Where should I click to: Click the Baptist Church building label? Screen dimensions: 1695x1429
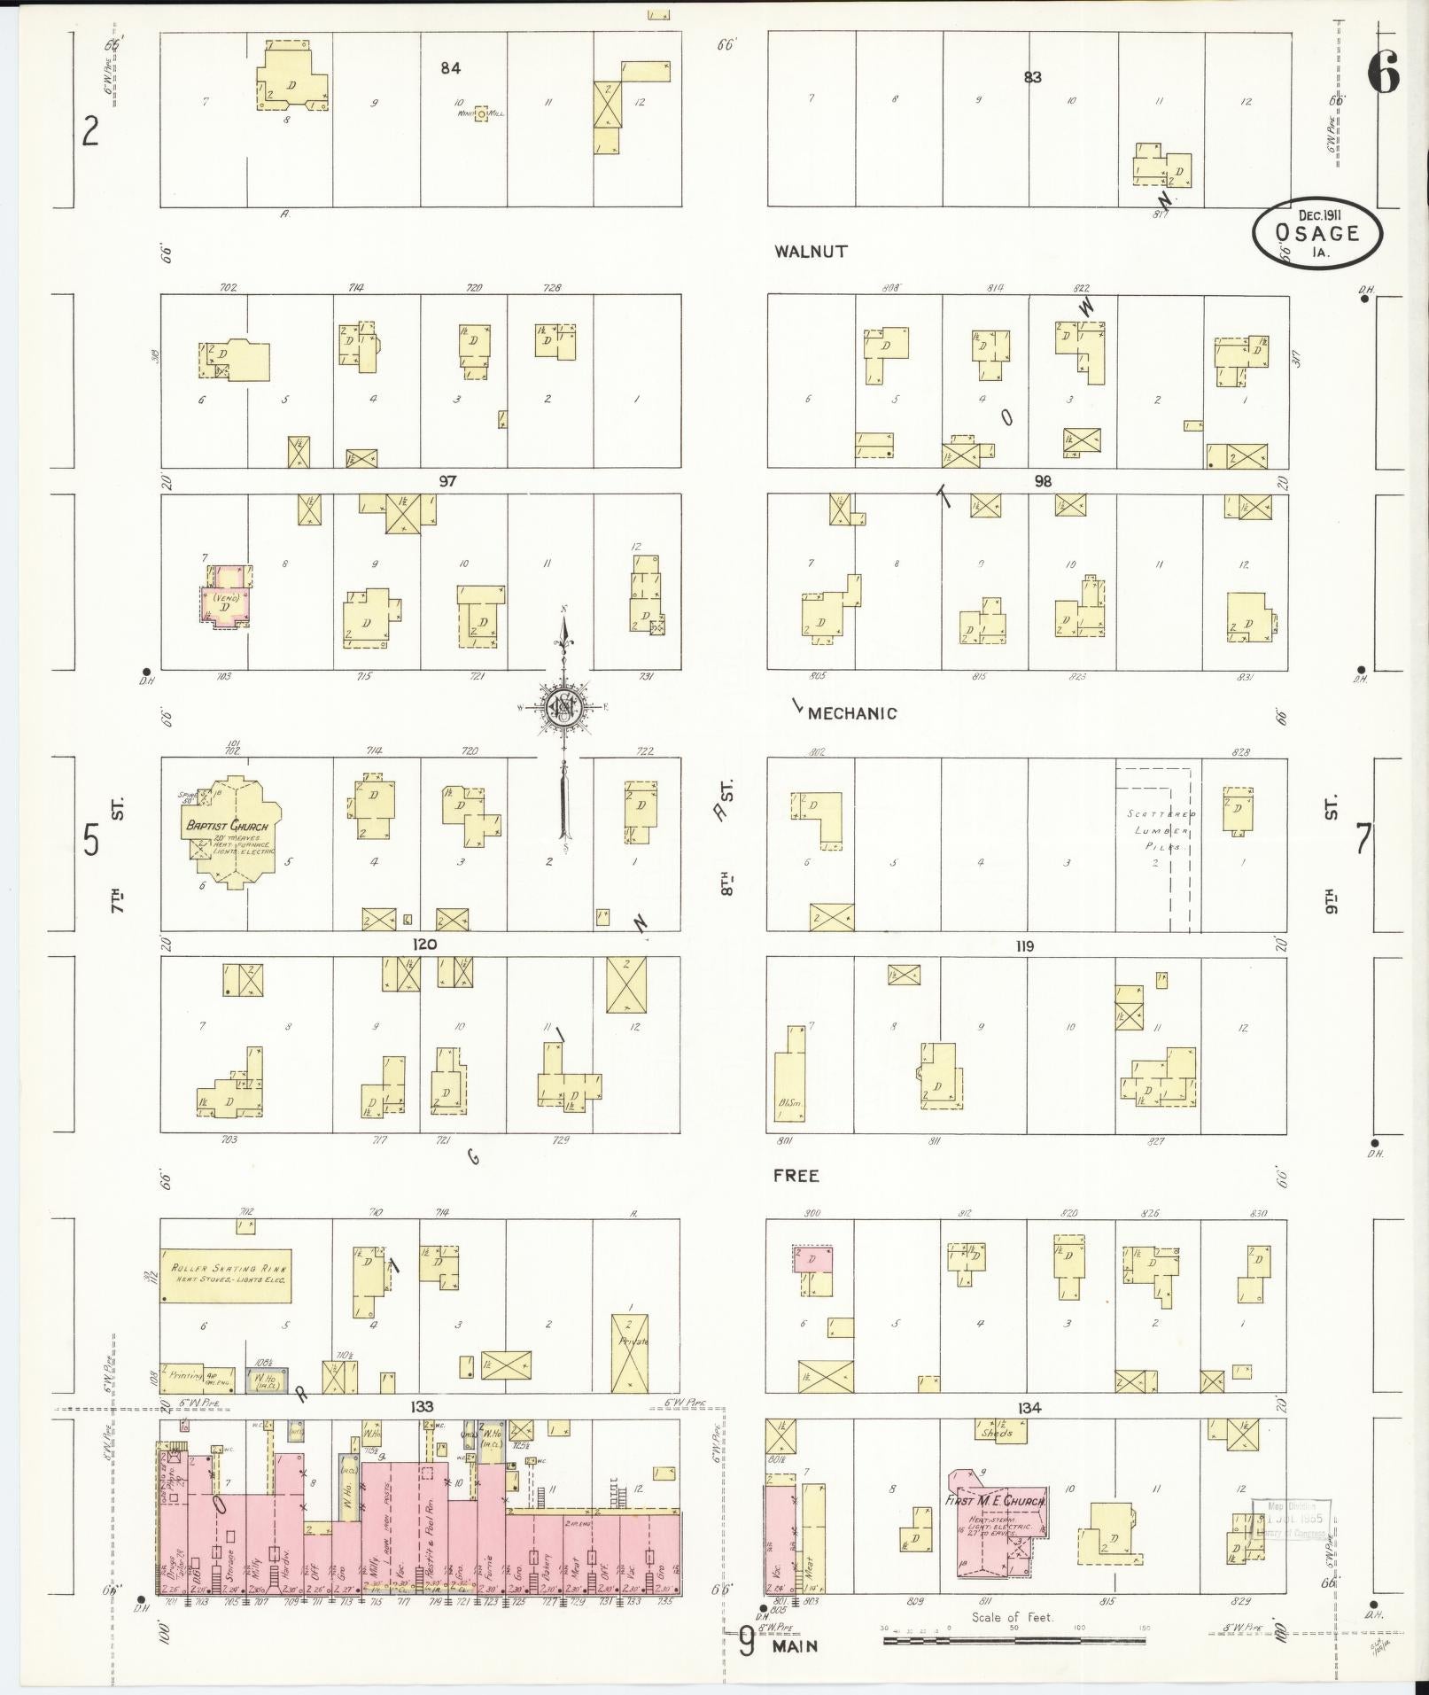point(227,826)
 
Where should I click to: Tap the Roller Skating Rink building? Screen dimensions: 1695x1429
point(226,1276)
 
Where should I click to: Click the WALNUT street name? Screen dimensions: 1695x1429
point(810,252)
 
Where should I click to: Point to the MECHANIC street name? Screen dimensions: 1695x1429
point(851,713)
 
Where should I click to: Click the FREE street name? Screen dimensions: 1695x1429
point(796,1176)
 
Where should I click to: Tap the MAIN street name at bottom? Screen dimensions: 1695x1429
point(795,1646)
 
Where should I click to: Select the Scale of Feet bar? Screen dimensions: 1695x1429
point(1014,1640)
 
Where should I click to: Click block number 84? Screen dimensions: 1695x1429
point(451,67)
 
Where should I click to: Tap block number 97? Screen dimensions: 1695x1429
point(447,480)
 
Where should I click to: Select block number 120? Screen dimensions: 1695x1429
point(424,945)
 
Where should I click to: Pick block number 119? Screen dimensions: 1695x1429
point(1023,946)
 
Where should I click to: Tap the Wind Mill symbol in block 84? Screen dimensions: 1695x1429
point(480,113)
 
